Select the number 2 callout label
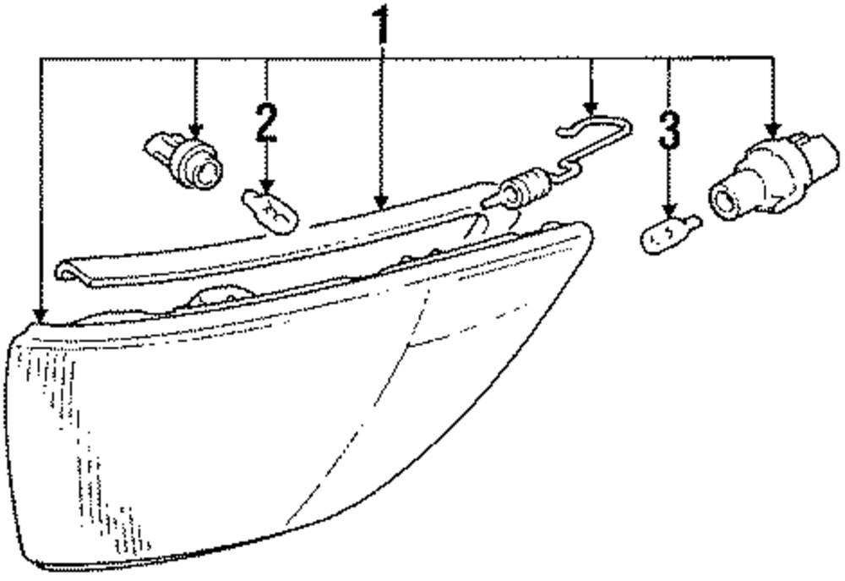pos(265,123)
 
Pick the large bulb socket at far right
pos(772,178)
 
